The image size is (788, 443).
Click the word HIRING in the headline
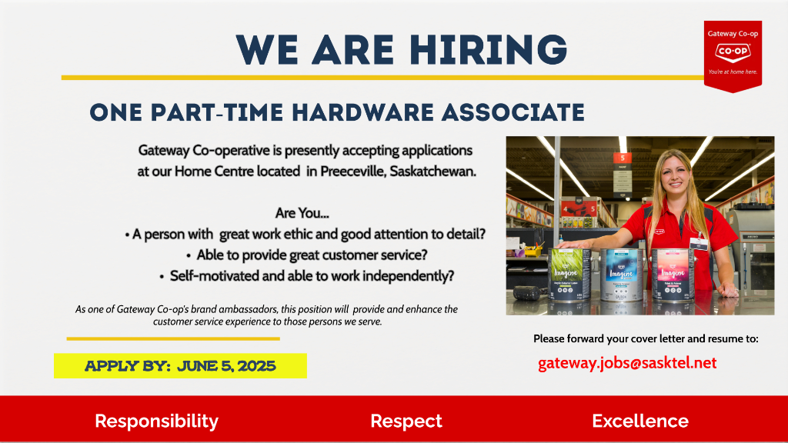488,50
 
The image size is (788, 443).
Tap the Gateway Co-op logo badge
733,56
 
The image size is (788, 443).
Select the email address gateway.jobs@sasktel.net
627,363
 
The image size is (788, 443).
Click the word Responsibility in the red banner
157,421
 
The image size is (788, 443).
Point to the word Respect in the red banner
406,421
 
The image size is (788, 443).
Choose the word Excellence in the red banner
640,421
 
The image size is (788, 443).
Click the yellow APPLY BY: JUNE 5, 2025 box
180,365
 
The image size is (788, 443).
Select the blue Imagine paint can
622,275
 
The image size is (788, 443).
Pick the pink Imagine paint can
673,275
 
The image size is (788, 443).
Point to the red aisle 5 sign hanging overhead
622,158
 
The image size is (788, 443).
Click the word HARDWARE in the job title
362,112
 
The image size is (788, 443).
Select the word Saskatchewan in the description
432,172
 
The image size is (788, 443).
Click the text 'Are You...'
302,213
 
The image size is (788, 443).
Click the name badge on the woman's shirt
698,244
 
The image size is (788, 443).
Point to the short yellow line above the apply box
173,339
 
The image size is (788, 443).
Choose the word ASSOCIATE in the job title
513,112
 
